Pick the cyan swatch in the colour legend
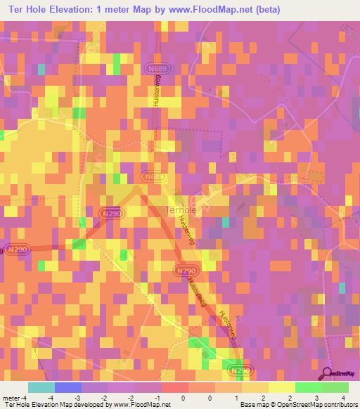(x=41, y=387)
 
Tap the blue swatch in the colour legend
(x=67, y=387)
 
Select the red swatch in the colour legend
(x=174, y=387)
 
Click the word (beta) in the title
(x=262, y=9)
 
